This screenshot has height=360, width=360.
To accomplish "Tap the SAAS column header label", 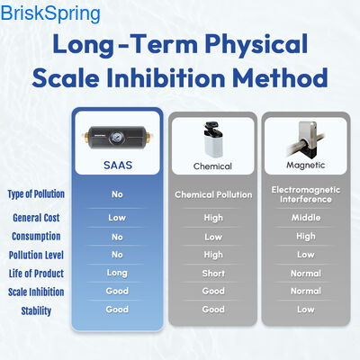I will pos(117,166).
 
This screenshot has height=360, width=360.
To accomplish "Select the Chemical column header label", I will pos(212,166).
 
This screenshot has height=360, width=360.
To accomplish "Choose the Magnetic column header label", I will pos(306,166).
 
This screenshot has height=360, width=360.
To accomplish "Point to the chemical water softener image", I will pos(212,137).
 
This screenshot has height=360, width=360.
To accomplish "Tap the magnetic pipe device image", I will pos(306,137).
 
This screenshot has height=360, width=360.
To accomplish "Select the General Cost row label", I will pos(37,218).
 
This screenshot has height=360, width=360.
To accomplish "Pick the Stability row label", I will pos(37,311).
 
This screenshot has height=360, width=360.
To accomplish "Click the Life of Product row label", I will pos(37,273).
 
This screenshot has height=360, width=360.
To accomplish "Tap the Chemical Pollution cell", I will pos(213,194).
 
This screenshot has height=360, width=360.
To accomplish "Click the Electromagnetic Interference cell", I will pos(306,194).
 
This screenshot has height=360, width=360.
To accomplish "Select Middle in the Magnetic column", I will pos(306,218).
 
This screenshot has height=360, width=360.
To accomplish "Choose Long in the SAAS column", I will pos(117,273).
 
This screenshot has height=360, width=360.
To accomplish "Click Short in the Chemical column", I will pos(213,273).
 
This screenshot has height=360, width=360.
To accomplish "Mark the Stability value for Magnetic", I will pos(306,310).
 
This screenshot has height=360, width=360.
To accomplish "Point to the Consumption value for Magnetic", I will pos(306,237).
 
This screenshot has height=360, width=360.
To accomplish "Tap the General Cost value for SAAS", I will pos(117,218).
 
